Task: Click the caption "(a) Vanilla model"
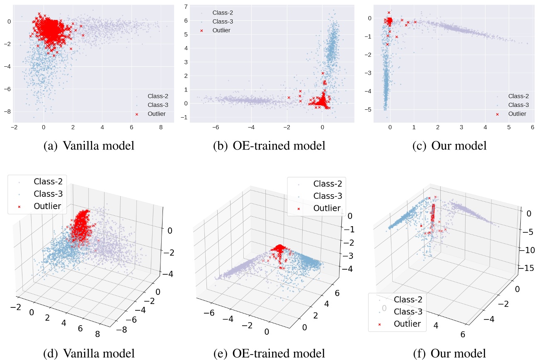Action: pyautogui.click(x=89, y=146)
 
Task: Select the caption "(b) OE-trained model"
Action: pyautogui.click(x=269, y=146)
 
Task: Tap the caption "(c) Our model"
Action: pyautogui.click(x=449, y=146)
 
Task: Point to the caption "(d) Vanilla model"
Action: pyautogui.click(x=89, y=353)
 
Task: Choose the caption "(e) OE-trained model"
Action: pyautogui.click(x=269, y=353)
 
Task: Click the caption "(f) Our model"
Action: pyautogui.click(x=449, y=353)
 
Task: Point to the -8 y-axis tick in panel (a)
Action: pyautogui.click(x=8, y=111)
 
